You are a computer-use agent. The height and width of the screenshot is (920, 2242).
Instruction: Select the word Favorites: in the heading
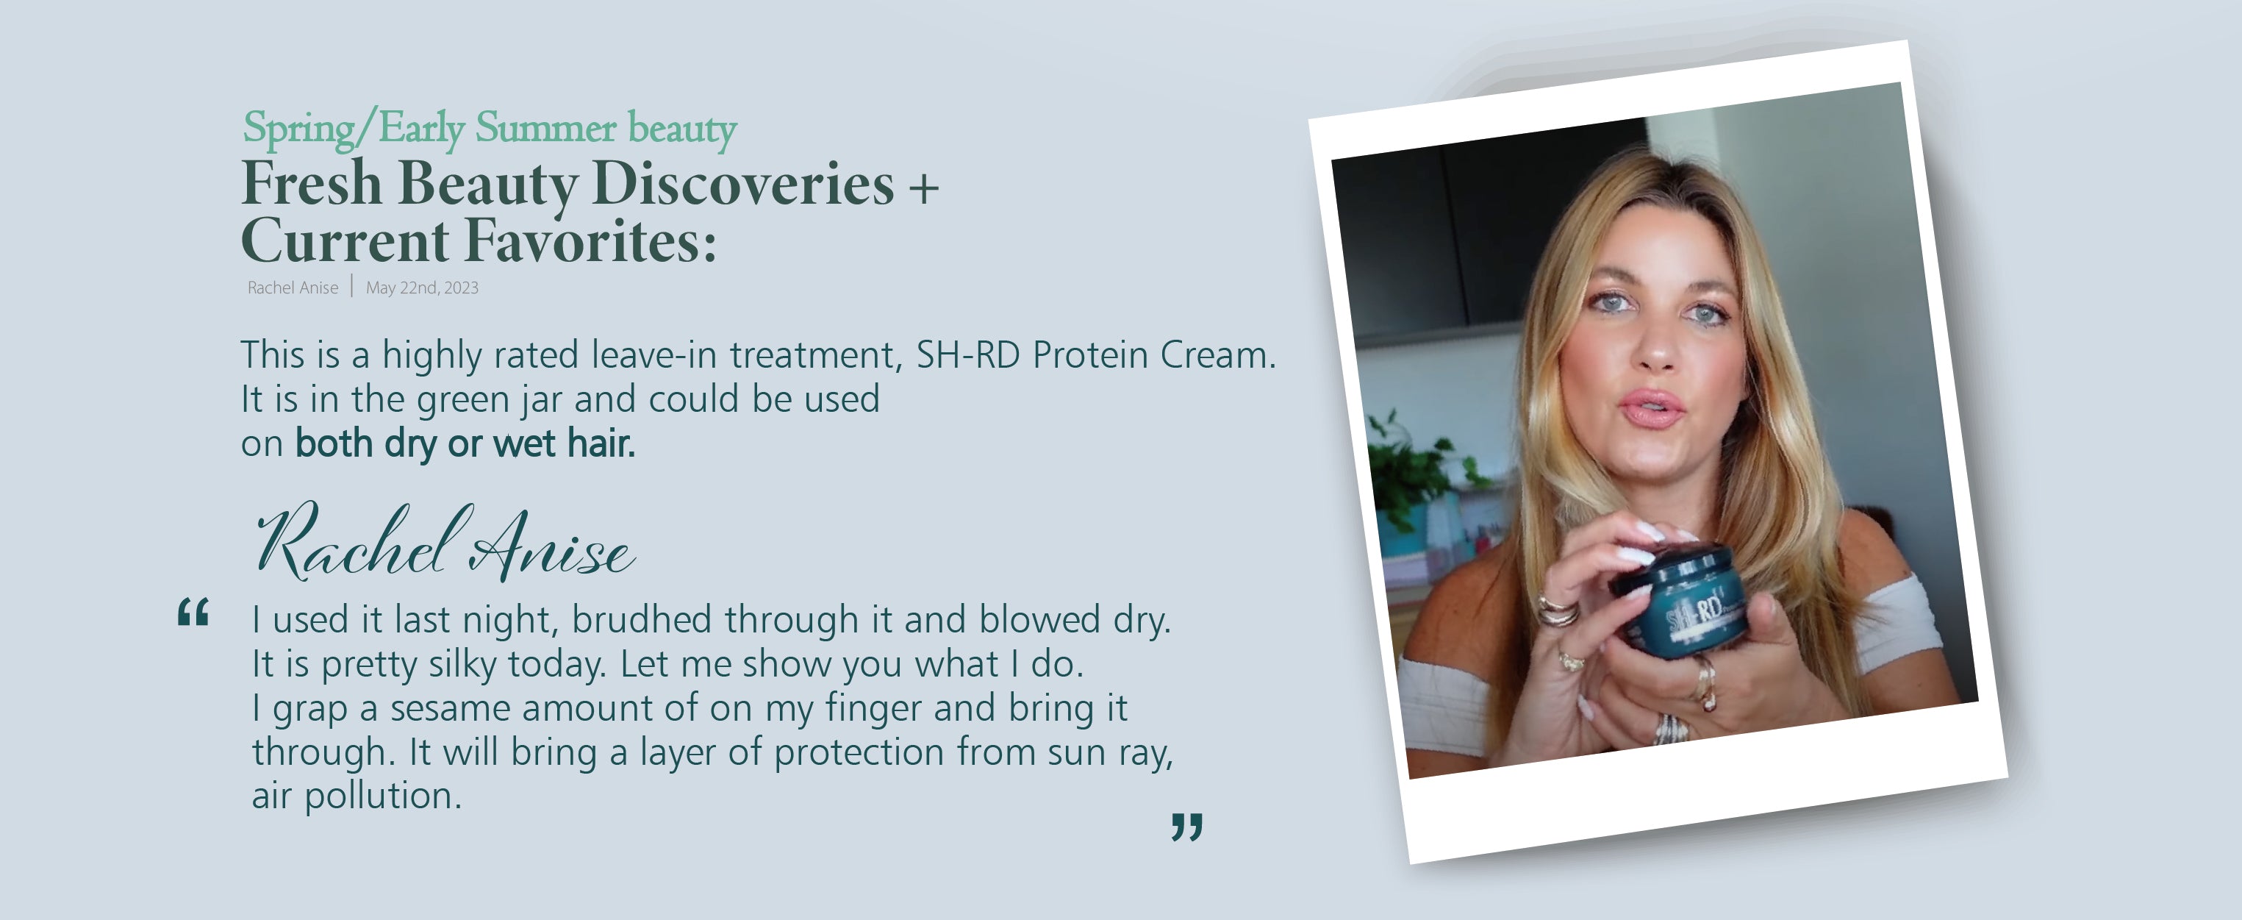pos(591,241)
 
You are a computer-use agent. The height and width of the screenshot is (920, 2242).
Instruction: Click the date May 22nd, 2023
pos(422,288)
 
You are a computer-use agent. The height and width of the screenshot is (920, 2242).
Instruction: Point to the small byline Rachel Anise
pos(293,288)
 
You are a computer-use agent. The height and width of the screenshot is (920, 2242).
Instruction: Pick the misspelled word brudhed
pos(642,620)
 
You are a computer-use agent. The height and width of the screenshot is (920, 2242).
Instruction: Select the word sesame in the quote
pos(450,708)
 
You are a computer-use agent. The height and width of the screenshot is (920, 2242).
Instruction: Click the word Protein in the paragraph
pos(1091,355)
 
